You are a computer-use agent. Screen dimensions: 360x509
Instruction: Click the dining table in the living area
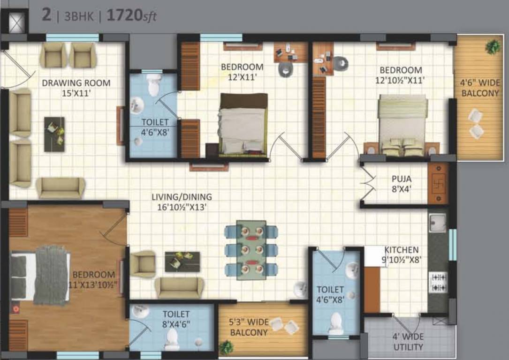coord(251,250)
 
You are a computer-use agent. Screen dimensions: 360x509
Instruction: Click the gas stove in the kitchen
coord(437,282)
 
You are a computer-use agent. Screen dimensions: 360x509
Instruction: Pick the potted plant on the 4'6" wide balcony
coord(493,46)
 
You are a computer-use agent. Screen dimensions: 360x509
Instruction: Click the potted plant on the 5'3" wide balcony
coord(226,347)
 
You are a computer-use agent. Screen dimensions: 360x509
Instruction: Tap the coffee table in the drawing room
coord(54,134)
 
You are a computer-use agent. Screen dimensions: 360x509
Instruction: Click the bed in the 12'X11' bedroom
coord(243,124)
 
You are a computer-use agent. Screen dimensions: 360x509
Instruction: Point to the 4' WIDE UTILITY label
coord(408,342)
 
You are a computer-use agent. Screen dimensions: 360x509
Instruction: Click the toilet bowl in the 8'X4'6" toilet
coord(172,339)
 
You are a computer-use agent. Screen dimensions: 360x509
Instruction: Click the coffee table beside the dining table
coord(182,262)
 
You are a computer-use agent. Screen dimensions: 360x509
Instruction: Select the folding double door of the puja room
coord(368,181)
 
